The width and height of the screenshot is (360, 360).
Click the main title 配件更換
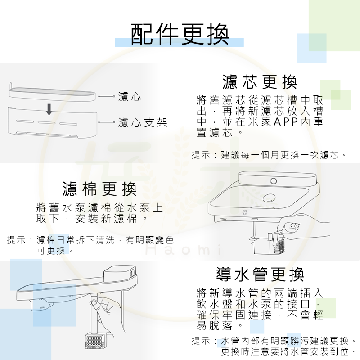point(180,34)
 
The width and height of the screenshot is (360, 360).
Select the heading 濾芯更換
point(260,82)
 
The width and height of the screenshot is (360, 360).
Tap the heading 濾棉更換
point(99,189)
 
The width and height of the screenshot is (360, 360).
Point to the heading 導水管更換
point(260,274)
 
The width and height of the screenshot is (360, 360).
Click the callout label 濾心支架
point(143,122)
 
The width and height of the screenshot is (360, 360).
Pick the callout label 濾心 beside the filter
point(130,96)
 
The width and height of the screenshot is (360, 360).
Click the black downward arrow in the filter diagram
point(49,109)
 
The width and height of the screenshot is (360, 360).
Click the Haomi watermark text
point(184,250)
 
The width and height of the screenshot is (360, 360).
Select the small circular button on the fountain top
point(274,181)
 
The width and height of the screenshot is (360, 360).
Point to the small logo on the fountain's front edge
point(244,212)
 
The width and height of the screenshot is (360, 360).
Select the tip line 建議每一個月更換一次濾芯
point(280,155)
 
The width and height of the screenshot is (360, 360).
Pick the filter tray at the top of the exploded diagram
point(52,94)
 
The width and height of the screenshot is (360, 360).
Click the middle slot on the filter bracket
point(47,122)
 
